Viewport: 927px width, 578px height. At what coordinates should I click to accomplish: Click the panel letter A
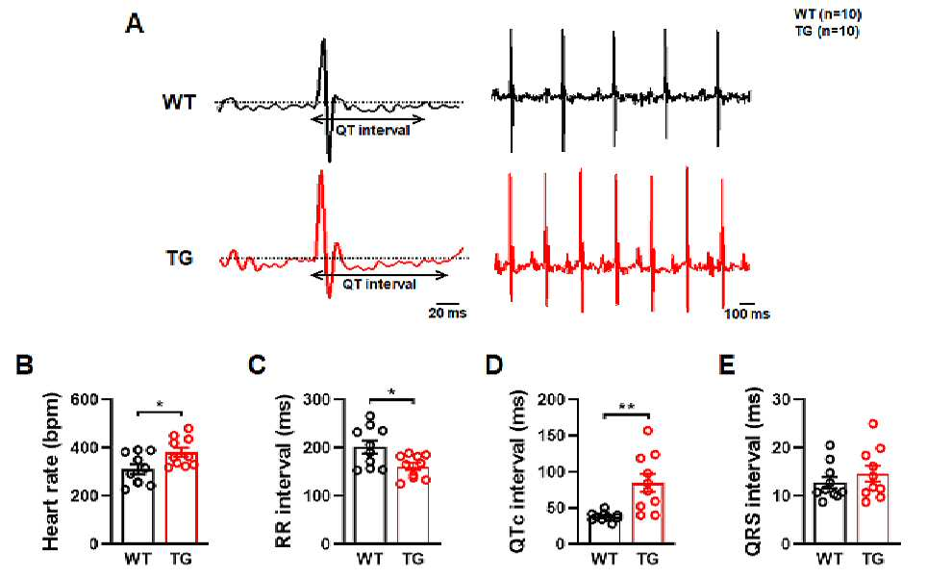pos(135,24)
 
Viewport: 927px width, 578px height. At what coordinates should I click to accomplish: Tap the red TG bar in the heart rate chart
pos(181,497)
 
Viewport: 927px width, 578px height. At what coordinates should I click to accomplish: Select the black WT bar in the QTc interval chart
pos(604,530)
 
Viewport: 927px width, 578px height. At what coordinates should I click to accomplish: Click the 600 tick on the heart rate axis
pos(85,399)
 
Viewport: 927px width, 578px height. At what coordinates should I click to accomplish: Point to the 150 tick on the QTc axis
pos(552,436)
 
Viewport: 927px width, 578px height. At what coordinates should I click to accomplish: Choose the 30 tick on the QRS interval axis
pos(785,399)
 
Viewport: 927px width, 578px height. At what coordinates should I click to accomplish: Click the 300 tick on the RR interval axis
pos(317,399)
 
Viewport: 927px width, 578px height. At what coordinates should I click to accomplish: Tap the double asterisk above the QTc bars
pos(627,407)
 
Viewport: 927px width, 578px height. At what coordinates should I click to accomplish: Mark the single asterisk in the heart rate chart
pos(161,405)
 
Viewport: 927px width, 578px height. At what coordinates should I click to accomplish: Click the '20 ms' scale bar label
pos(447,313)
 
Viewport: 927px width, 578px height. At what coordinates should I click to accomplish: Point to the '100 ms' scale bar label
pos(747,314)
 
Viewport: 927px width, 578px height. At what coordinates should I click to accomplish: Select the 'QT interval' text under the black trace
pos(373,130)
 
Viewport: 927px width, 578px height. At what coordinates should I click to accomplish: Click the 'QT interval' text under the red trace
pos(380,285)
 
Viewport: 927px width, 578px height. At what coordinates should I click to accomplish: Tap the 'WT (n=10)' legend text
pos(828,14)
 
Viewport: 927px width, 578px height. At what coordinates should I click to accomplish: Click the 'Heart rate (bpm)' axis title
pos(51,471)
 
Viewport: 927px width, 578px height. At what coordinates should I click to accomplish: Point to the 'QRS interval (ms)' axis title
pos(753,471)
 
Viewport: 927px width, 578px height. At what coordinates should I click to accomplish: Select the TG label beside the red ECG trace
pos(179,259)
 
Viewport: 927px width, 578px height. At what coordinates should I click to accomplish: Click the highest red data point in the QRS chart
pos(873,424)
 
